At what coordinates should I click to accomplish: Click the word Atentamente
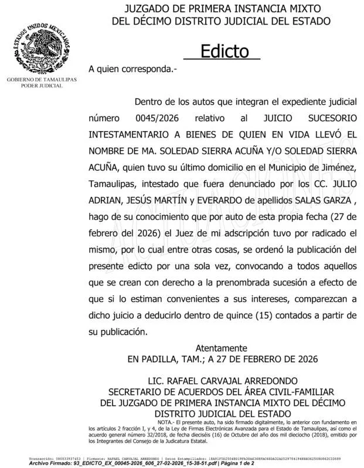coord(221,347)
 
